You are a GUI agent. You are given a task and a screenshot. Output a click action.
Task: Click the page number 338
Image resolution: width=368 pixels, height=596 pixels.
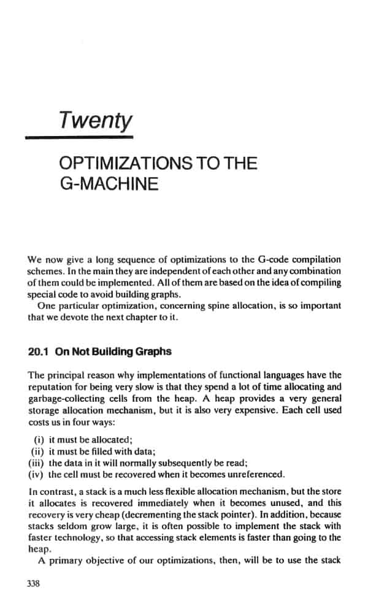(x=34, y=583)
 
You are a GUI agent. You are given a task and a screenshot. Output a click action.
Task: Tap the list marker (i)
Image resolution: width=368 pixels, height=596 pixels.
(x=38, y=440)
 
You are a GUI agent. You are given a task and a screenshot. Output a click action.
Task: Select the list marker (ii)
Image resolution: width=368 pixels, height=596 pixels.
(x=37, y=451)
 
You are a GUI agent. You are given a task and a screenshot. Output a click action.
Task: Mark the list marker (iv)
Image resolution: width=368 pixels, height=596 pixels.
(x=36, y=473)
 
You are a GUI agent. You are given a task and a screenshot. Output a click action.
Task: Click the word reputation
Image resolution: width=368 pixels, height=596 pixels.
(x=55, y=388)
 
